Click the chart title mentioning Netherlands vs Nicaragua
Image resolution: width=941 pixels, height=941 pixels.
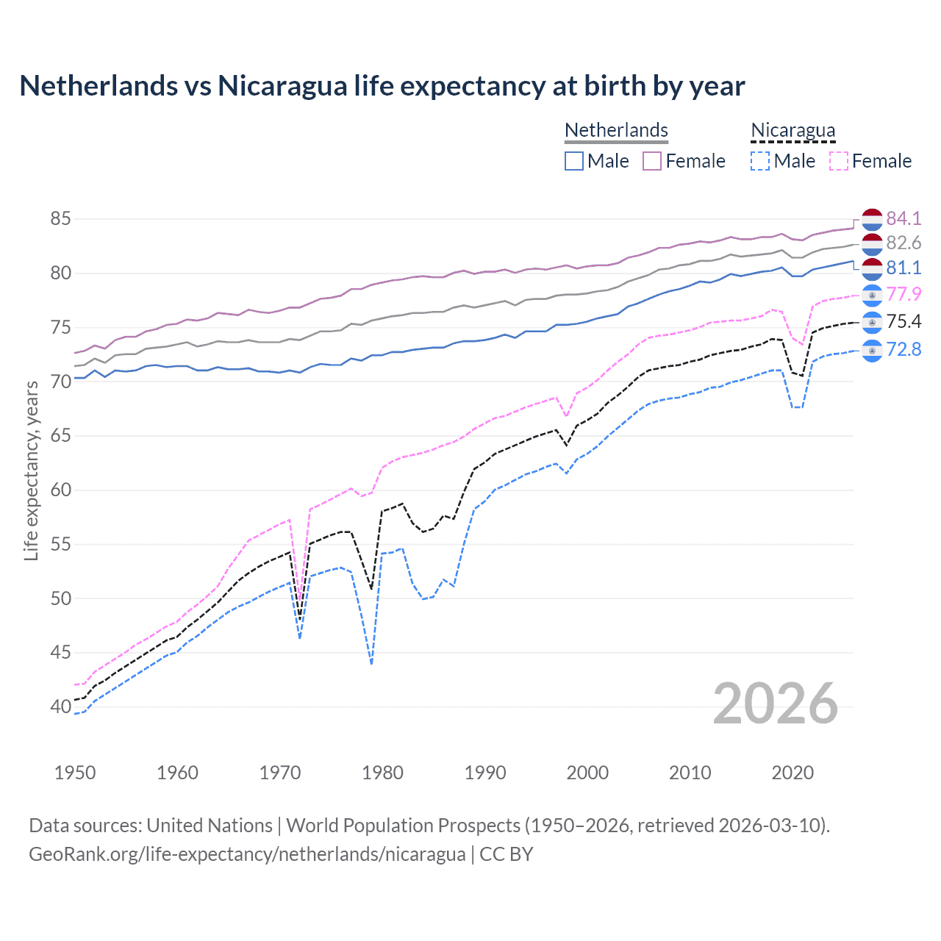point(382,86)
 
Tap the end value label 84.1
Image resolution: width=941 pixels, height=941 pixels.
point(904,218)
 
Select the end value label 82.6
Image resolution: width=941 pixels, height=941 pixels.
point(904,243)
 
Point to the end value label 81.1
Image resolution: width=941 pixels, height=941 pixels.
point(904,268)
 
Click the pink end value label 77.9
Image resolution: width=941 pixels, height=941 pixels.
point(904,294)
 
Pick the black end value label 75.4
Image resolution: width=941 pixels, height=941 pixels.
point(904,321)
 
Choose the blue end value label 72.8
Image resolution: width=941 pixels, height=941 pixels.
point(904,349)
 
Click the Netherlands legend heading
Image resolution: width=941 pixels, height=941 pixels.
point(616,130)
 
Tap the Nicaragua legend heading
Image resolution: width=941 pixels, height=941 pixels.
point(792,130)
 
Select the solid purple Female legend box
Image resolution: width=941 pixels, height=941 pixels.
point(652,161)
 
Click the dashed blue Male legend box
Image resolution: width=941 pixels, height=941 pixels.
point(760,161)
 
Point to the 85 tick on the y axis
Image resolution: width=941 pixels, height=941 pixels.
point(61,218)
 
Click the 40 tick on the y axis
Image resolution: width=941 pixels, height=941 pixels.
point(61,706)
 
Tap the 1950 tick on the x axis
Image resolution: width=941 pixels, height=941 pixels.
point(75,773)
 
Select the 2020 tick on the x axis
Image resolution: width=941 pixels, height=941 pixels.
point(792,773)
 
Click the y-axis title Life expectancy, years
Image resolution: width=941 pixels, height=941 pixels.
point(31,470)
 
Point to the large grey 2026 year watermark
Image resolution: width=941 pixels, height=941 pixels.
point(775,704)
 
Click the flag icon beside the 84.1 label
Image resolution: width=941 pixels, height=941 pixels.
point(872,219)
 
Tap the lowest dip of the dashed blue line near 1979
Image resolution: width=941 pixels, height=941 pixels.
point(372,663)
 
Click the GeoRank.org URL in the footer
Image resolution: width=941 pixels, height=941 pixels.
point(247,854)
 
